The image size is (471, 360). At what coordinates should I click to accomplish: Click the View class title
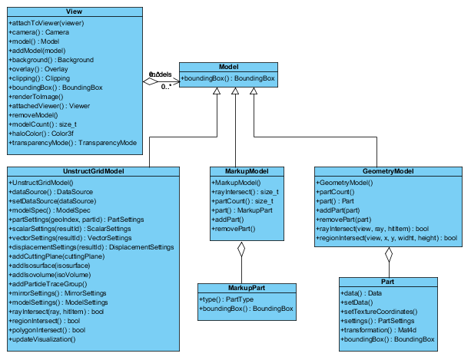coord(75,12)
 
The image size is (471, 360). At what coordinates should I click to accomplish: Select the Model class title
coord(228,67)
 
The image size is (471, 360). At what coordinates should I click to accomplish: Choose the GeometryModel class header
coord(389,170)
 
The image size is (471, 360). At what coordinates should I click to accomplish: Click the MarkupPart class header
coord(247,289)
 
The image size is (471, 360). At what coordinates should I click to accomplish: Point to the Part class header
coord(389,282)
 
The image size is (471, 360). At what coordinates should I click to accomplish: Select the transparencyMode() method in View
coord(72,143)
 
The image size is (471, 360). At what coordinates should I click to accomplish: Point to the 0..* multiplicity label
coord(166,87)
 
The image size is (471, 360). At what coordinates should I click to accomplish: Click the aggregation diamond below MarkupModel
coord(240,249)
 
